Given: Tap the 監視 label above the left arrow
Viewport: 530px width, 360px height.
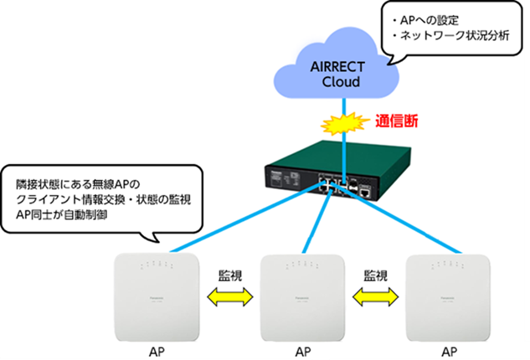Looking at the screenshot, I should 231,275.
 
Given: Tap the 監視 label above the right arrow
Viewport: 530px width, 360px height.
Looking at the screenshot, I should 377,275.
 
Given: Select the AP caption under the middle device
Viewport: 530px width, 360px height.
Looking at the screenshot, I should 304,347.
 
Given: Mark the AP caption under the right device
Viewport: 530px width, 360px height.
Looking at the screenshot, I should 449,347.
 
